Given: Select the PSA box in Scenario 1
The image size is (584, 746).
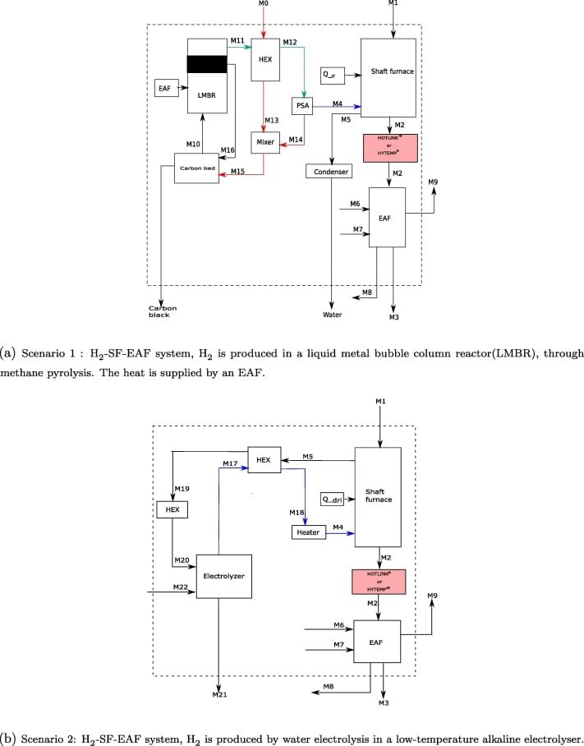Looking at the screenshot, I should pos(300,106).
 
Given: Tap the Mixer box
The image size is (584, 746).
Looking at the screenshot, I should pos(264,142).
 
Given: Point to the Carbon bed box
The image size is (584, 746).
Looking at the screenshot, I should pos(196,168).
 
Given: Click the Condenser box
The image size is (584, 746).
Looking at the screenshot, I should pos(329,172).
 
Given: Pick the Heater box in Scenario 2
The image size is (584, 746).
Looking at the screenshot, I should pos(309,532).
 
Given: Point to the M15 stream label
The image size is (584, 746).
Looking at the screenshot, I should pos(237,170).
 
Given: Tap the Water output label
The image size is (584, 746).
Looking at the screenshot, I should pos(332,315).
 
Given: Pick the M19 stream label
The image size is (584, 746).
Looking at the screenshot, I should pos(182,489).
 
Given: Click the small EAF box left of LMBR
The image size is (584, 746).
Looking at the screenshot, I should pos(166,87).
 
